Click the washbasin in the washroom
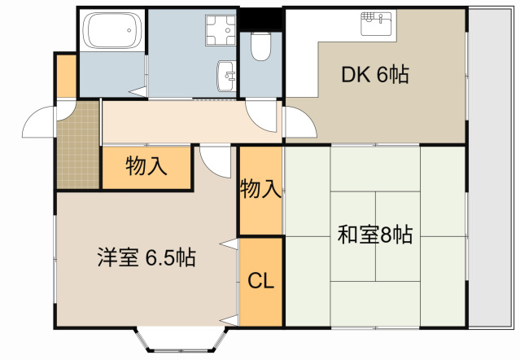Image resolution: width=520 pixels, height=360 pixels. click(226, 77)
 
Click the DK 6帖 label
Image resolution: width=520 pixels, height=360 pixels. click(374, 75)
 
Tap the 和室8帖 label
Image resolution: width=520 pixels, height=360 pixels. click(374, 236)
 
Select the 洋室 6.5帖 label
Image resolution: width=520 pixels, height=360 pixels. click(146, 258)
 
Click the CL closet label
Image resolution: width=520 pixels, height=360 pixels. click(260, 282)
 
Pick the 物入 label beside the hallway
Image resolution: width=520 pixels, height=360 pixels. click(146, 167)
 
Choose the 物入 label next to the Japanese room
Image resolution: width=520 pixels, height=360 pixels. click(260, 191)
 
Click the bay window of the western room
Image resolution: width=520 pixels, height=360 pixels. click(177, 340)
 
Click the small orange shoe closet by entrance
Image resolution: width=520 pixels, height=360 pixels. click(65, 76)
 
